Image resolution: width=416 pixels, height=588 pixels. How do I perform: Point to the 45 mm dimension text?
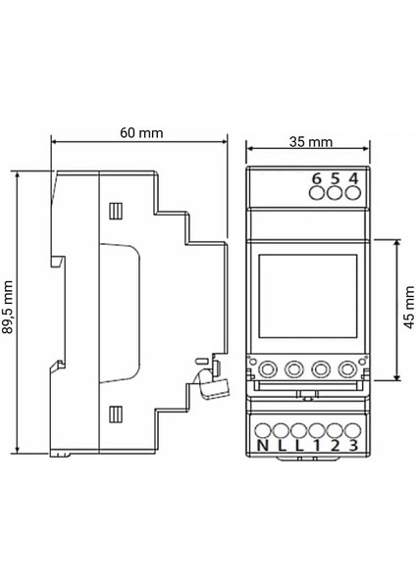[x=408, y=309]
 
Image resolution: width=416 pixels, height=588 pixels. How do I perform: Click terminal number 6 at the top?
[x=317, y=178]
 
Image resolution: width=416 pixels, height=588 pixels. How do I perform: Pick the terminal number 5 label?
[x=335, y=178]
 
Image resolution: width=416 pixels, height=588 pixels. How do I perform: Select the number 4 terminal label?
[x=352, y=178]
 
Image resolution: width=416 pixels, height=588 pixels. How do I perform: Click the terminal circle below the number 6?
[x=317, y=194]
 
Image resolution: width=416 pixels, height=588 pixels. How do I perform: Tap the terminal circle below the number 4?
[x=352, y=194]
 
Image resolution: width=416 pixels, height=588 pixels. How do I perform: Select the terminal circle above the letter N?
[x=262, y=429]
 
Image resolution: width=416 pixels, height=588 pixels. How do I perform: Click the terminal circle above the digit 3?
[x=351, y=429]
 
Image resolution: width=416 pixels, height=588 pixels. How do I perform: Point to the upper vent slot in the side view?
[x=116, y=210]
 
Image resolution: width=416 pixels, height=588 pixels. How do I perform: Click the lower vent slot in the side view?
[x=116, y=413]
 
